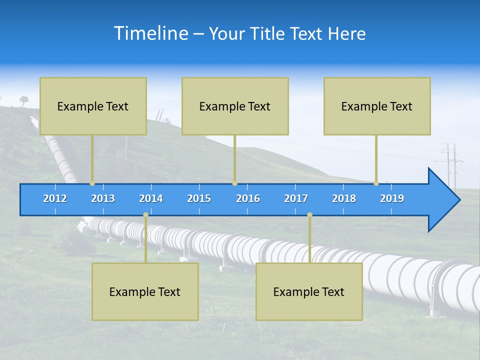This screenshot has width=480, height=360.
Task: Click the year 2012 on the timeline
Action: click(55, 198)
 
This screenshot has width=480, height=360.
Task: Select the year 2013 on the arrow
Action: click(103, 198)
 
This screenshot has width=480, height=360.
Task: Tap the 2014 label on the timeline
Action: click(151, 198)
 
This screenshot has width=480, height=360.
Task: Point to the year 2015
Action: click(199, 198)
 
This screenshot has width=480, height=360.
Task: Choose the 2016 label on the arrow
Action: click(248, 198)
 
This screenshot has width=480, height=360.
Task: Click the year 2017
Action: click(296, 198)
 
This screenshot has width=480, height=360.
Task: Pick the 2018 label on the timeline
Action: click(344, 198)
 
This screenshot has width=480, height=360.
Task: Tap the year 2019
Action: click(392, 198)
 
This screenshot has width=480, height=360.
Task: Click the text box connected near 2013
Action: click(93, 106)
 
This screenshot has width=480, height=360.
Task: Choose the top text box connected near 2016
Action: click(235, 106)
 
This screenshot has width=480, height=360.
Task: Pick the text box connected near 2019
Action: click(377, 106)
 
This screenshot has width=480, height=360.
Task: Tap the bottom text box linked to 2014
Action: click(145, 291)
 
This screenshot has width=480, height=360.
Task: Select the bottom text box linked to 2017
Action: click(309, 291)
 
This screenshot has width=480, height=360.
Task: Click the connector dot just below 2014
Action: click(145, 215)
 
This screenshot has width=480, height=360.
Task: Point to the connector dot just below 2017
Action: click(309, 215)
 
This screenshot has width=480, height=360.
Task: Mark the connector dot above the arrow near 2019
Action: click(376, 183)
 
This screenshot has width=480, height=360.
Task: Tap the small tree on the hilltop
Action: click(24, 100)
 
